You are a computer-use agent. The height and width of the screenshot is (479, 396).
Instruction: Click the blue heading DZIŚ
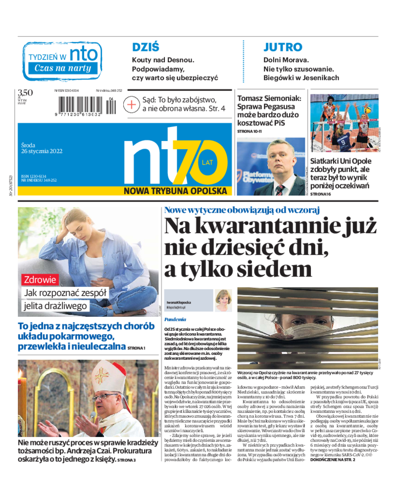[146, 47]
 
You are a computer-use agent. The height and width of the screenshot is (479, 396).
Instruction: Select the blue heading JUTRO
[282, 47]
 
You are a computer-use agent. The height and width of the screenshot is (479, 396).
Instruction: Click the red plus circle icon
[132, 105]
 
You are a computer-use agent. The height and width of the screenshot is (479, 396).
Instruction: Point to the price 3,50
[25, 92]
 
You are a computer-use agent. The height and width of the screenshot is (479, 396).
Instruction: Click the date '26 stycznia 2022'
[42, 151]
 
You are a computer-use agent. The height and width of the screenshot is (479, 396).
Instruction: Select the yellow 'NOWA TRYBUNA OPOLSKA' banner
[175, 191]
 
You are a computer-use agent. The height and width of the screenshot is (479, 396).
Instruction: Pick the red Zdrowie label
[41, 279]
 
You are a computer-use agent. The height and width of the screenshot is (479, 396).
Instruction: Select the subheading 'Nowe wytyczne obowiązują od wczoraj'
[242, 210]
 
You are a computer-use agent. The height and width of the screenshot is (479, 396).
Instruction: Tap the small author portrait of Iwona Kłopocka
[223, 301]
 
